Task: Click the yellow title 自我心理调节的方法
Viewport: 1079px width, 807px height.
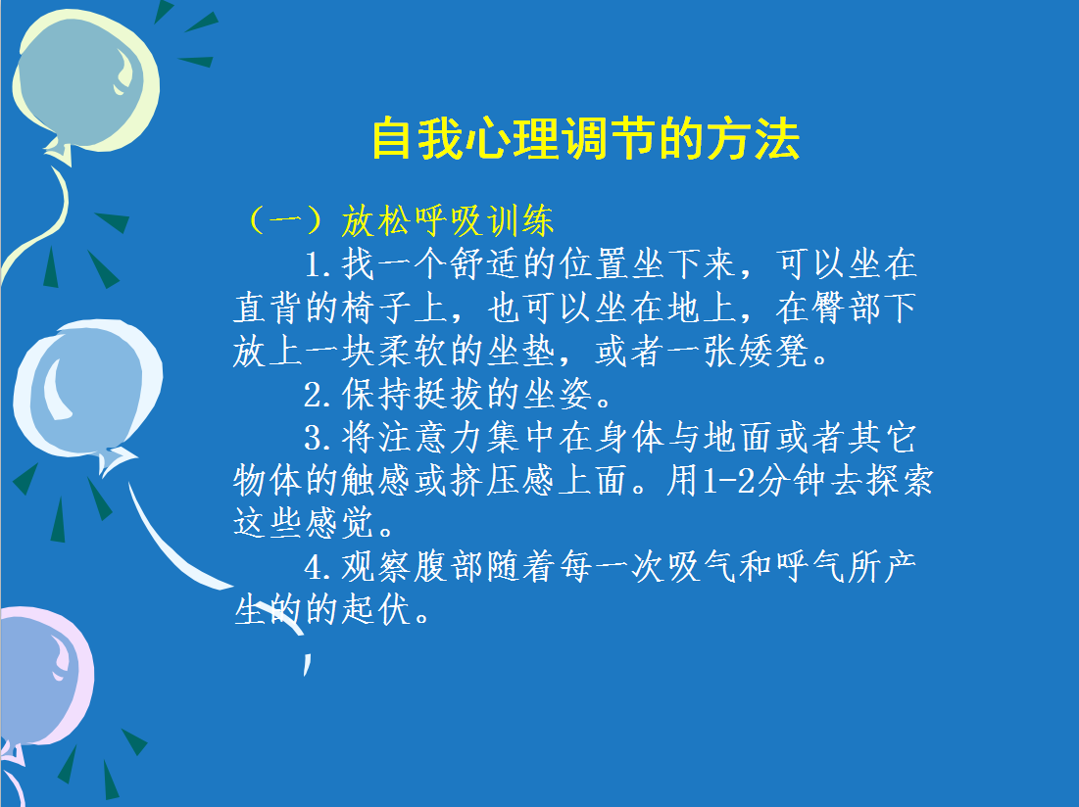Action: [586, 139]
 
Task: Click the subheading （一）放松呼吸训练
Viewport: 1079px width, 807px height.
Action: [400, 220]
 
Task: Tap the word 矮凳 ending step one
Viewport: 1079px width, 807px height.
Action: [773, 352]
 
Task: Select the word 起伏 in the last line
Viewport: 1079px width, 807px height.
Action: [377, 610]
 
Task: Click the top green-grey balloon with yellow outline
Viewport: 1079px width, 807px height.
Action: [86, 79]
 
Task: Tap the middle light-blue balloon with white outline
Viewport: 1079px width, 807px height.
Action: [87, 389]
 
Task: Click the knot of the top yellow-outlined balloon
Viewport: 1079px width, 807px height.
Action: [60, 151]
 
